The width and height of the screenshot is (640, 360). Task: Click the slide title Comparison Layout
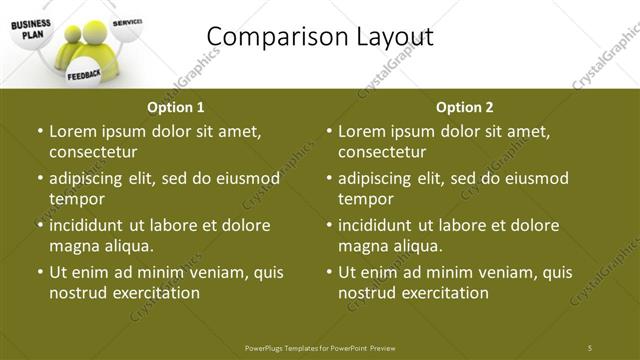[319, 37]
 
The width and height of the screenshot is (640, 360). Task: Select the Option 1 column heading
[176, 107]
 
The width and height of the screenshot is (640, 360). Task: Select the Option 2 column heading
[465, 107]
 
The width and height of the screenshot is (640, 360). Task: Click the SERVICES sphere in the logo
[127, 22]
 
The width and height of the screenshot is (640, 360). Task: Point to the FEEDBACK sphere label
[84, 75]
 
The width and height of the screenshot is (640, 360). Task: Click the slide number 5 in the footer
[590, 347]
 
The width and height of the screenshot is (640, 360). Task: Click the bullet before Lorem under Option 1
[38, 131]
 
